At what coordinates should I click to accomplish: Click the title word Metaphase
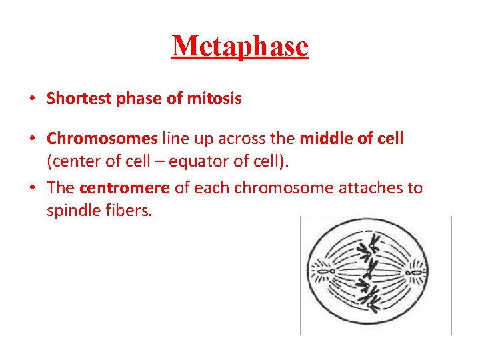point(240,46)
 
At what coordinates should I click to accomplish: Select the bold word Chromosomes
point(102,138)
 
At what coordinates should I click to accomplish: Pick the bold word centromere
point(125,188)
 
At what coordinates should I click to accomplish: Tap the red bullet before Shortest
point(32,99)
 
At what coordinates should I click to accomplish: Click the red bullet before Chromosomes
point(32,138)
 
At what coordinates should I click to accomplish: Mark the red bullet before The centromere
point(32,188)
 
